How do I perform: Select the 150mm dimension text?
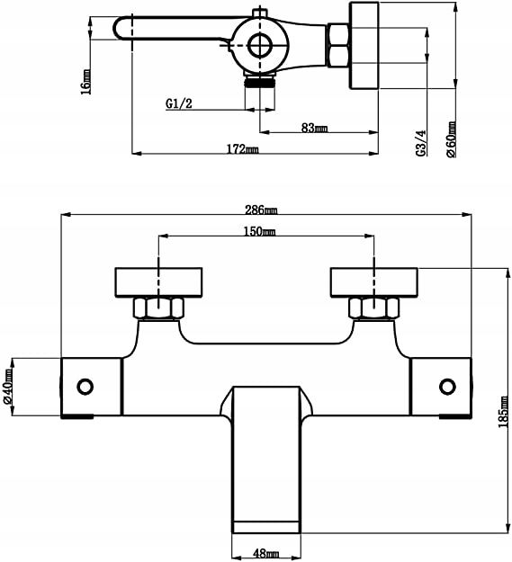[259, 231]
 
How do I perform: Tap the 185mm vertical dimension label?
[504, 412]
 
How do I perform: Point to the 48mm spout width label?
[265, 554]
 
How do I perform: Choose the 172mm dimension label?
[242, 148]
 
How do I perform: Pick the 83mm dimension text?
[314, 128]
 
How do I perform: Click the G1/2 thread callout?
[179, 103]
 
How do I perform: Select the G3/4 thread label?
[422, 143]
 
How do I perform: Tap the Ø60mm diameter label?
[451, 139]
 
